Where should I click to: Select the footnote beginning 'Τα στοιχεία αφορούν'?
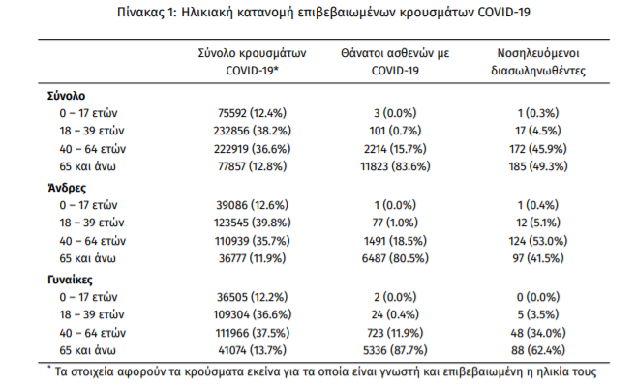(319, 371)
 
